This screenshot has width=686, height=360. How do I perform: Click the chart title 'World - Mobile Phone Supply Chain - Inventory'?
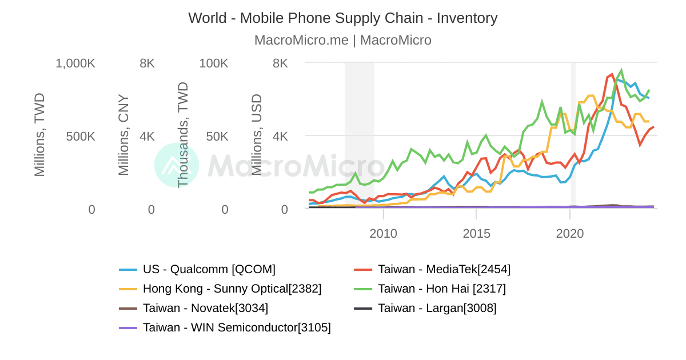[342, 18]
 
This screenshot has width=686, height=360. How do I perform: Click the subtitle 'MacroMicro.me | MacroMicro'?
[342, 40]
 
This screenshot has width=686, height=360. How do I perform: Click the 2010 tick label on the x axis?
[383, 234]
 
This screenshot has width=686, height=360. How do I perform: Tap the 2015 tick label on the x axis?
[476, 234]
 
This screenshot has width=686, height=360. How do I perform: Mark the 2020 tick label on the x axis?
[570, 234]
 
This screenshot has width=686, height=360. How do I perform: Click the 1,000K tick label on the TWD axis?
[75, 63]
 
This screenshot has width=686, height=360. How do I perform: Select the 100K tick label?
[214, 63]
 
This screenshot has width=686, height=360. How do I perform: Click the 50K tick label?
[217, 137]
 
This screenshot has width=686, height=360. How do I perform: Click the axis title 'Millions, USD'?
[257, 135]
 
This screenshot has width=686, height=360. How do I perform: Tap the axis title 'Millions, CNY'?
[124, 135]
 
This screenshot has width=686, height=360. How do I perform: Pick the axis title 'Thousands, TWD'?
[183, 135]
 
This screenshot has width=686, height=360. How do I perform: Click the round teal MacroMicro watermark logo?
[177, 165]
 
